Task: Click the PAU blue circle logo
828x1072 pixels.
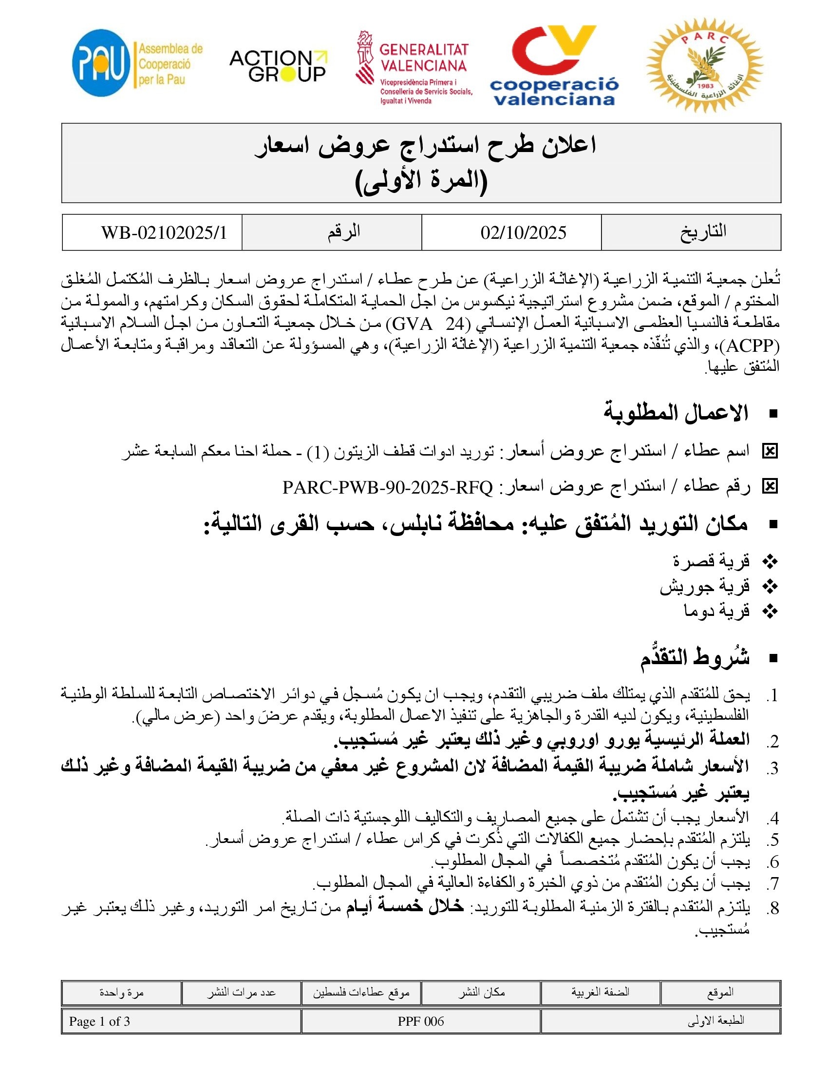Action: tap(101, 63)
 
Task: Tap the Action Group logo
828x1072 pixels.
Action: tap(278, 66)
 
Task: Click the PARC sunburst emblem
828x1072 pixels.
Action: tap(704, 65)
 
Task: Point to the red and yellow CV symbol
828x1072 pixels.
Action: tap(553, 50)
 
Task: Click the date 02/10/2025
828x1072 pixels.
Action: tap(523, 232)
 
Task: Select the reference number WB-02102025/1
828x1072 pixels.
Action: tap(164, 232)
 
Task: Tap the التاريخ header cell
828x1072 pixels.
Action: tap(703, 231)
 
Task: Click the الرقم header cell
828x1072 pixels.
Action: tap(344, 231)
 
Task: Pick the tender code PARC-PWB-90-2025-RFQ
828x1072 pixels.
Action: tap(388, 487)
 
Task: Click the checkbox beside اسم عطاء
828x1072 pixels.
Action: tap(770, 451)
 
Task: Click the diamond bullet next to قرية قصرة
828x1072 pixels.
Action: tap(771, 561)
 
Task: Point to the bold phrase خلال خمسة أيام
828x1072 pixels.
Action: tap(405, 907)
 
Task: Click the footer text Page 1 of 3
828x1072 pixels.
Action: tap(99, 1021)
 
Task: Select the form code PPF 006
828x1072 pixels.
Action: tap(420, 1021)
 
